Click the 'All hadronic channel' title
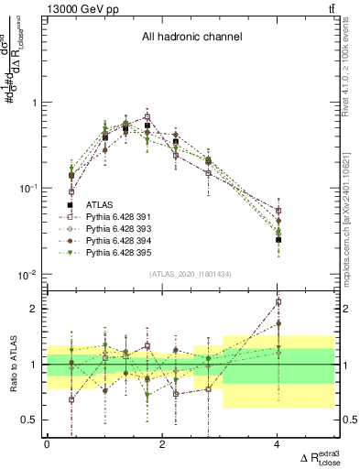[x=191, y=38]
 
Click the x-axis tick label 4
[x=278, y=445]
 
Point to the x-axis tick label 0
[x=48, y=445]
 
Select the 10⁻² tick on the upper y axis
[x=29, y=275]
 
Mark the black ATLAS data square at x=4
[x=278, y=239]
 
